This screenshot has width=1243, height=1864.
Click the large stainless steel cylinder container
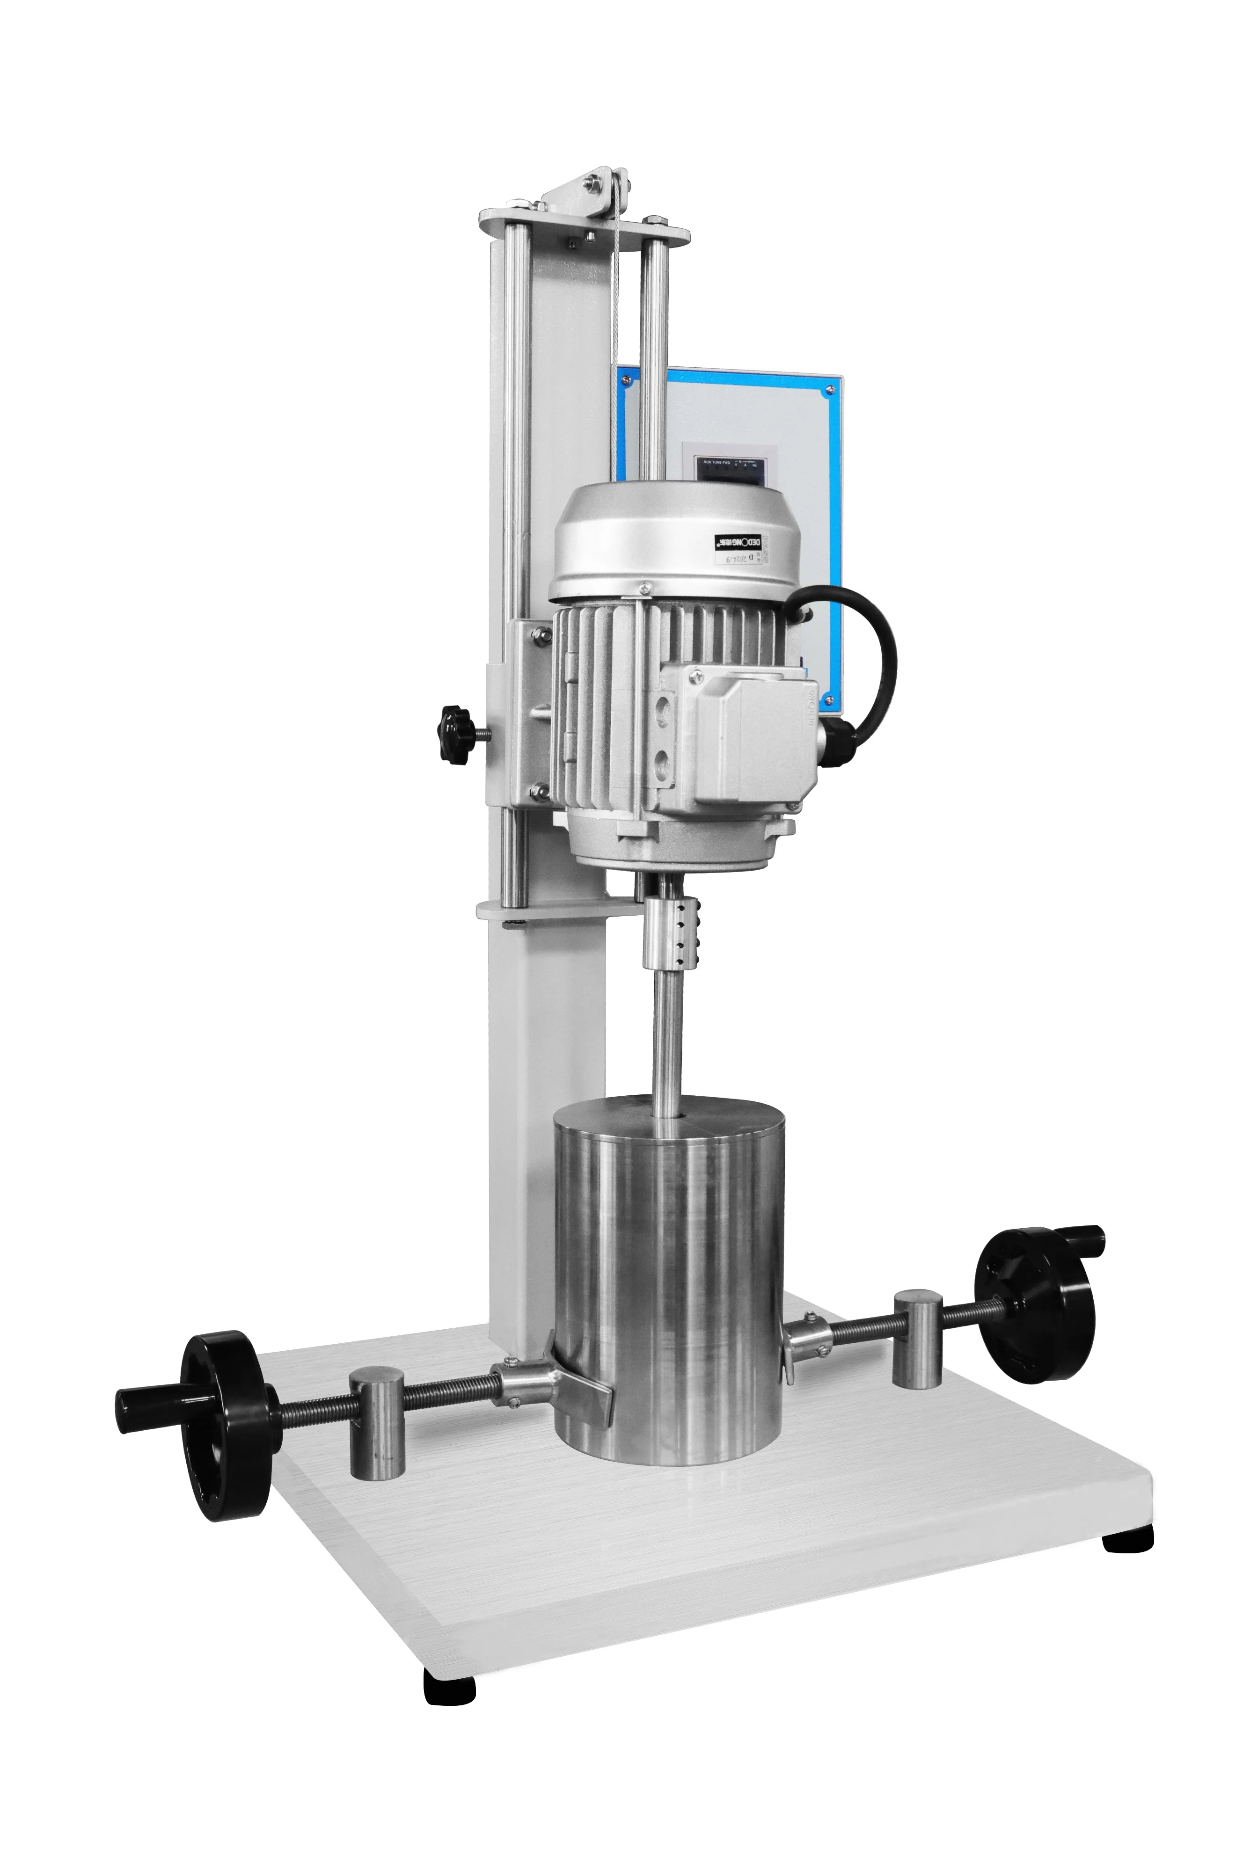668,1276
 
